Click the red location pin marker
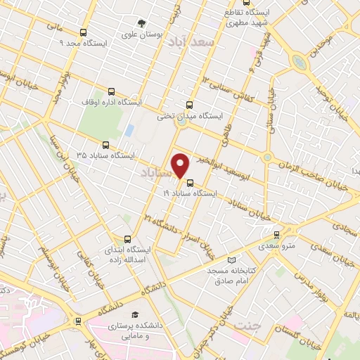coord(181,165)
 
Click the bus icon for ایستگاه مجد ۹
coord(84,32)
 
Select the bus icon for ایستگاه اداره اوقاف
coord(110,91)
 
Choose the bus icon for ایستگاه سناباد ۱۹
coord(190,182)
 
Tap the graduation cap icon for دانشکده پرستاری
coord(134,314)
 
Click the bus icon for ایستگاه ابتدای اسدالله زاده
coord(127,239)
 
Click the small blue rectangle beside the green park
coord(129,131)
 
